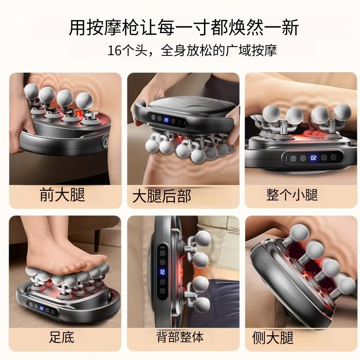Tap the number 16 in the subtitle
pos(114,51)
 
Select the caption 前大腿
pos(63,195)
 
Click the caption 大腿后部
pos(162,196)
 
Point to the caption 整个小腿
pos(292,195)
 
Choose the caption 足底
pos(62,337)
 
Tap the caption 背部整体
pos(180,337)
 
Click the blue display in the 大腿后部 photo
pos(166,120)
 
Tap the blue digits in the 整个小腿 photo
pos(313,158)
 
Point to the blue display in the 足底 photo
pos(41,308)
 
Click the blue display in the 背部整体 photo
pos(162,272)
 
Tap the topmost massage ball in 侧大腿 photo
pos(300,233)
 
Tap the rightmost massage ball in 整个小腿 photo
pos(342,111)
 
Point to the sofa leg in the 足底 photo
pos(98,240)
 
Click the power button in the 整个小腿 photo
pos(293,158)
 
